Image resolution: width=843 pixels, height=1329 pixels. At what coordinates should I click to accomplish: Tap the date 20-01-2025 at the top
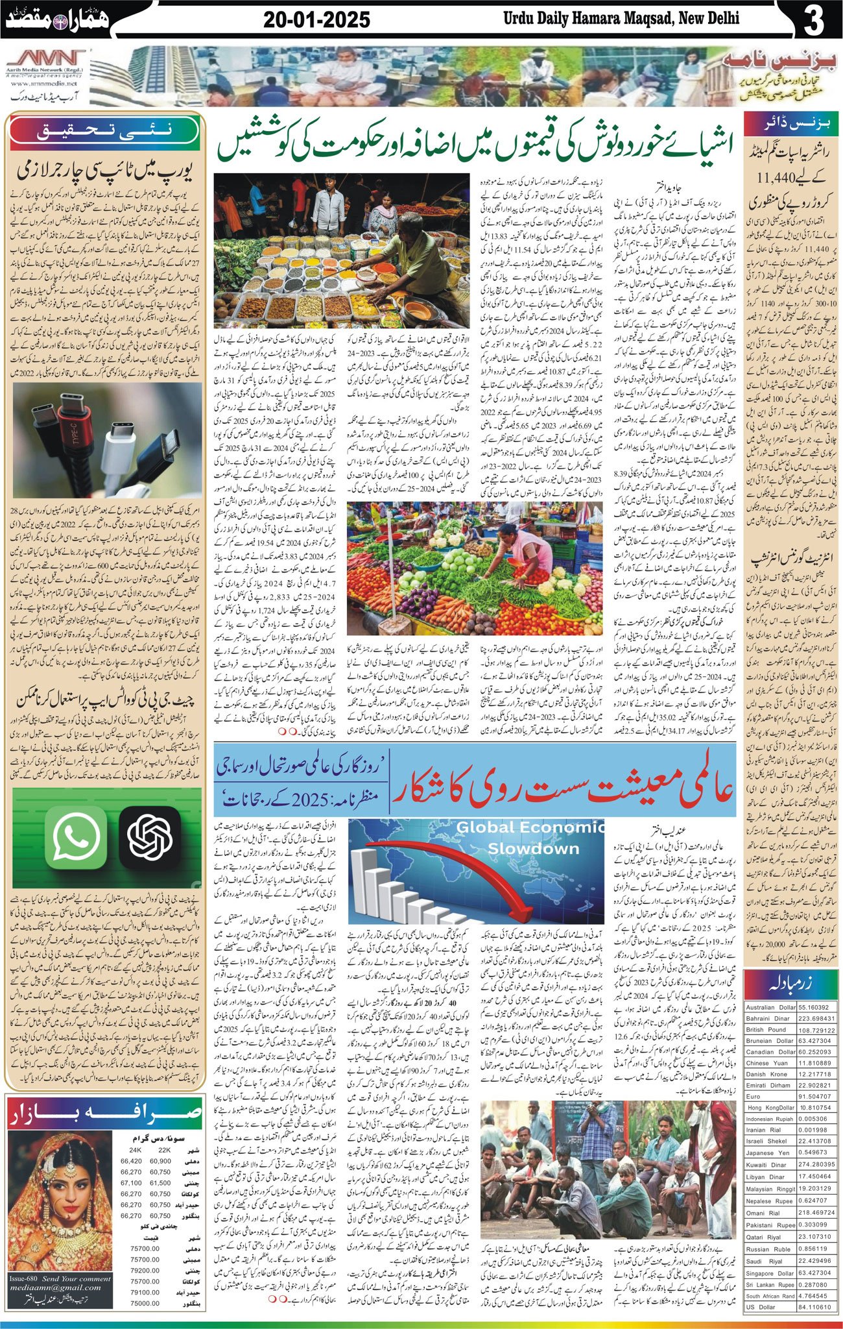tap(317, 20)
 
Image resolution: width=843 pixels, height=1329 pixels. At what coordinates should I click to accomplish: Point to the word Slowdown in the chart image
tap(533, 849)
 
